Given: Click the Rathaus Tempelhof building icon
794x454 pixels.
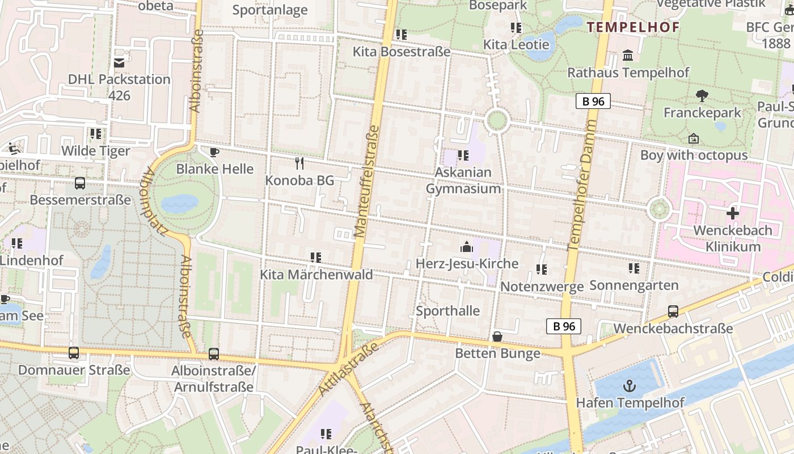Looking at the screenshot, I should click(x=628, y=56).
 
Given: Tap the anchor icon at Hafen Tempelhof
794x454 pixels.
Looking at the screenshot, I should click(x=629, y=386).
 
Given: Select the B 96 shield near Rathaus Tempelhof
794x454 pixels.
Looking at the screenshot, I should click(x=593, y=101).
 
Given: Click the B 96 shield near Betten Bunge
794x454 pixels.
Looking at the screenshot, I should click(x=564, y=326).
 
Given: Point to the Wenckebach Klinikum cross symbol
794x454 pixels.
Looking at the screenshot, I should click(x=733, y=213).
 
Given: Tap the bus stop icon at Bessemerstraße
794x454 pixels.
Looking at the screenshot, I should click(x=80, y=183).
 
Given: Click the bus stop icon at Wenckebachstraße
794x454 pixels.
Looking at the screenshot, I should click(x=673, y=312).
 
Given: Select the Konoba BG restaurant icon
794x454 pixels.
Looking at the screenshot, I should click(x=300, y=163).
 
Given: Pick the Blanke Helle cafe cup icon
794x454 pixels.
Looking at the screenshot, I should click(x=214, y=152).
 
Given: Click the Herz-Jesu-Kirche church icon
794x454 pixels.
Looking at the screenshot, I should click(x=467, y=247).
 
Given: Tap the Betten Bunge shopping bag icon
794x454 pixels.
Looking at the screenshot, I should click(x=497, y=337).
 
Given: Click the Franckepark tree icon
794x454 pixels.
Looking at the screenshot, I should click(x=702, y=96).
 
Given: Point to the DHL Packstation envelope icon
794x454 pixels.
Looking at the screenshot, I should click(x=119, y=62).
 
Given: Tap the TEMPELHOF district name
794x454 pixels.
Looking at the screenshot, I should click(x=633, y=27).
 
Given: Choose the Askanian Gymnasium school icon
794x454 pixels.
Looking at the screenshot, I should click(x=463, y=155).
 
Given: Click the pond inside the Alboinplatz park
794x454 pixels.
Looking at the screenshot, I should click(x=180, y=203).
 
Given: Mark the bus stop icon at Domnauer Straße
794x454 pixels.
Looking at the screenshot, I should click(x=74, y=353).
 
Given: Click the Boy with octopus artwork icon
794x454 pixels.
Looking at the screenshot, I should click(x=693, y=138).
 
